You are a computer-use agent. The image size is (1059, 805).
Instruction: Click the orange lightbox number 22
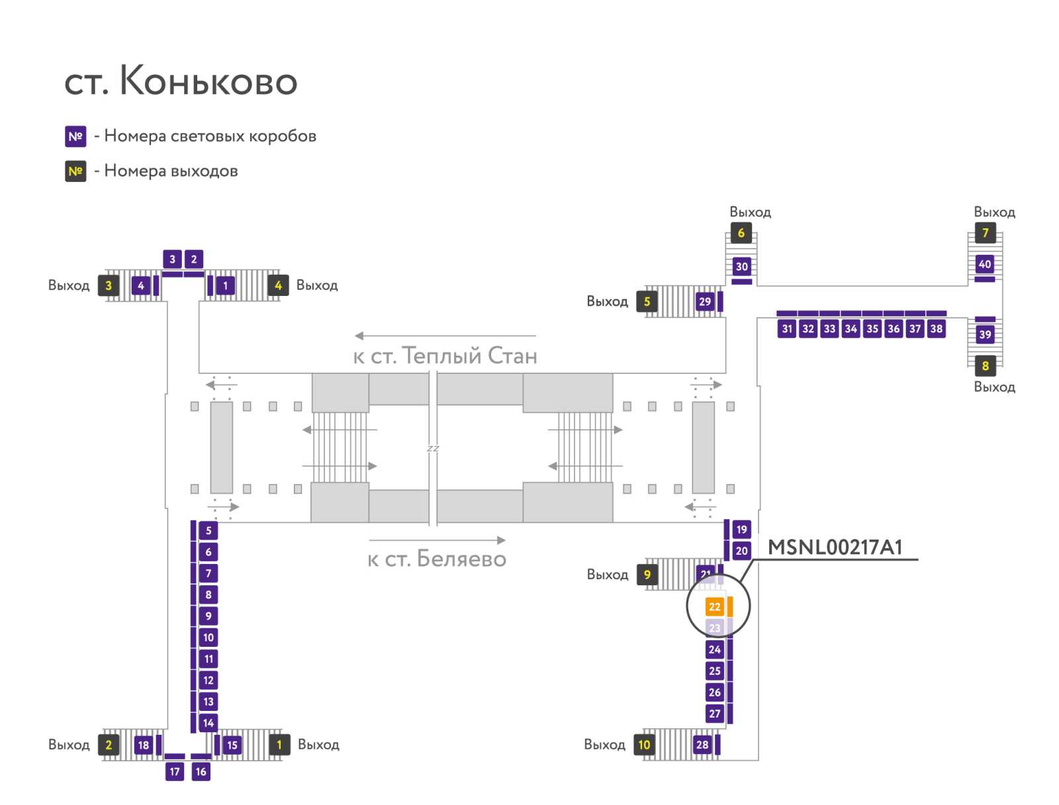(x=714, y=606)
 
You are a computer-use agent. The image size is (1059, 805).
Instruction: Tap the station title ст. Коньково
(x=181, y=81)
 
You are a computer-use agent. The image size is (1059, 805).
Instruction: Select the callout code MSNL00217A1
(x=835, y=547)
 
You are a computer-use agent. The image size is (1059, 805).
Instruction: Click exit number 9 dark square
(x=647, y=575)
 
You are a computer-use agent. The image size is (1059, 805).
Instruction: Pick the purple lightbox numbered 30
(x=741, y=267)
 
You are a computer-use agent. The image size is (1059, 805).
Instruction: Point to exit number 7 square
(x=985, y=233)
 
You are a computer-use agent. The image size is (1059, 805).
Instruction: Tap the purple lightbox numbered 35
(x=872, y=328)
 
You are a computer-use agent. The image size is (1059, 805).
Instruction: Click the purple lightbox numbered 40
(x=985, y=264)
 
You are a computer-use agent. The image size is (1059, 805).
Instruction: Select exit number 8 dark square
(x=985, y=365)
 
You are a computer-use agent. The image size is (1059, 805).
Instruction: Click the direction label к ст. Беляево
(x=437, y=559)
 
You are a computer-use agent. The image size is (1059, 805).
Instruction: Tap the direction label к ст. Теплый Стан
(x=445, y=356)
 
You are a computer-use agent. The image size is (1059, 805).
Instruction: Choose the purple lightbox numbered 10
(x=208, y=638)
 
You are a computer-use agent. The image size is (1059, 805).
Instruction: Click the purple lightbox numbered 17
(x=175, y=771)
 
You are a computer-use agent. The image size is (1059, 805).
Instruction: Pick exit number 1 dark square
(x=279, y=745)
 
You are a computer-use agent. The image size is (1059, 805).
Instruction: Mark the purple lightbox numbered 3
(x=172, y=260)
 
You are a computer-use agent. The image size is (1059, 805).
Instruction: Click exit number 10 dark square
(x=644, y=745)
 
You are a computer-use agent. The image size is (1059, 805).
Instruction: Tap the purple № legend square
(x=75, y=136)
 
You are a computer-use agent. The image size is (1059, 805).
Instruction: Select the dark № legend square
(x=75, y=171)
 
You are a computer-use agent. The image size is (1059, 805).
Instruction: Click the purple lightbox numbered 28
(x=702, y=745)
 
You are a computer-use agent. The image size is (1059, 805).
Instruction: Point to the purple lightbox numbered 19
(x=741, y=530)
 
